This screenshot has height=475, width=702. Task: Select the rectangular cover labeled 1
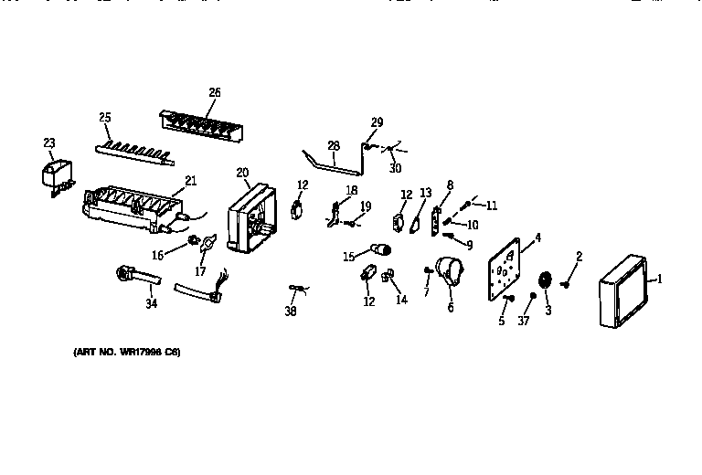(625, 292)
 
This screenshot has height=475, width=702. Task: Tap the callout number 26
(214, 92)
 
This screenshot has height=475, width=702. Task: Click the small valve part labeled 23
(58, 174)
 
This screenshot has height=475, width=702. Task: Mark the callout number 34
(152, 303)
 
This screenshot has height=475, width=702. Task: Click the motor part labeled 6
(449, 273)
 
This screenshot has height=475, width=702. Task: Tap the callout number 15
(348, 257)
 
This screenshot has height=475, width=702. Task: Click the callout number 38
(291, 311)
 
